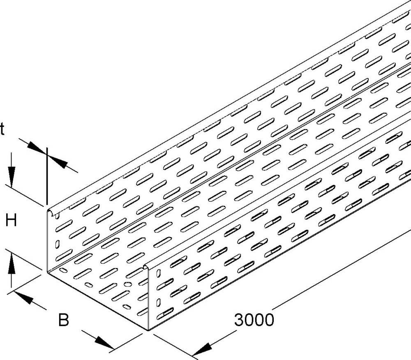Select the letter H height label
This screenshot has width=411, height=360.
(11, 220)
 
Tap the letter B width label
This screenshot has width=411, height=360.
(63, 320)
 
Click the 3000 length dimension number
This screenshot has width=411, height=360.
(254, 320)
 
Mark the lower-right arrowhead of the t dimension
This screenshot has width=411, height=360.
(58, 161)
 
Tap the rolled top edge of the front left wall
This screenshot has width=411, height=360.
(53, 211)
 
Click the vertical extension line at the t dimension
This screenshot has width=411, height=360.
(47, 176)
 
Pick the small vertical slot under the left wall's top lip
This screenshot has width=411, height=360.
(58, 215)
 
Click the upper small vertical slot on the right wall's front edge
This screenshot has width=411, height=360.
(158, 273)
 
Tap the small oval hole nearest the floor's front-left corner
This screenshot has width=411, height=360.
(63, 270)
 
